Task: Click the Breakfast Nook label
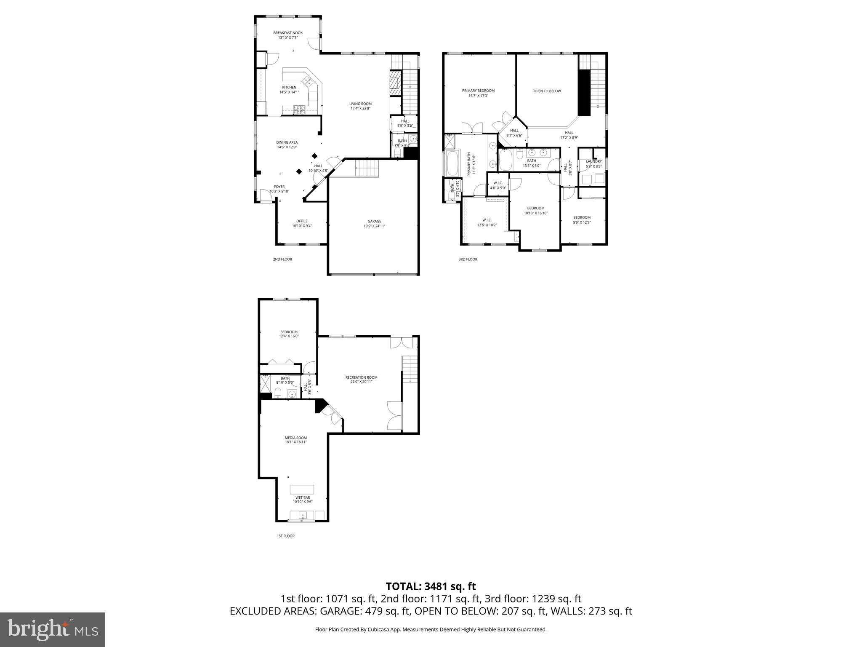coord(288,33)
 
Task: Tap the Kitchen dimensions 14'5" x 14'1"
coord(289,92)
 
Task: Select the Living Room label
coord(360,104)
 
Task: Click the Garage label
coord(374,221)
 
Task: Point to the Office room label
coord(302,221)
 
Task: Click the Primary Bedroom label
coord(478,91)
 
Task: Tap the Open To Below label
coord(547,91)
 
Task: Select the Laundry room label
coord(594,161)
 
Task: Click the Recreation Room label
coord(361,377)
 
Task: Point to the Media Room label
coord(295,438)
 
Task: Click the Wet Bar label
coord(303,497)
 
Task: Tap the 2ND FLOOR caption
coord(282,259)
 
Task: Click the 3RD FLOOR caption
coord(468,259)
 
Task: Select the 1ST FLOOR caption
coord(285,536)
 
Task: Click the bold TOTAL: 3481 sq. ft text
coord(431,586)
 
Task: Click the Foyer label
coord(279,187)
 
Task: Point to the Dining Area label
coord(287,142)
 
